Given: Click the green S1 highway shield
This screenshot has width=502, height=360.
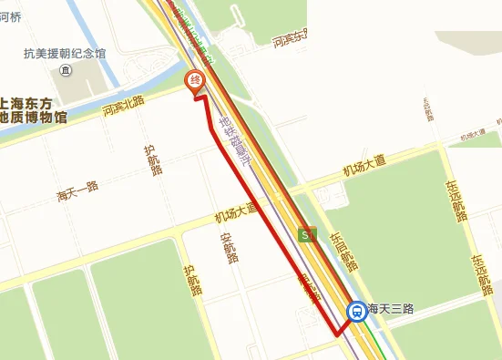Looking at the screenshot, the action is point(306,236).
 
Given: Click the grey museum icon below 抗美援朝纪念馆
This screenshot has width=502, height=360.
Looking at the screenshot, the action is point(65,69).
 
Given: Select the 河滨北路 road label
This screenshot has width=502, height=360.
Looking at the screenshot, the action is point(124,107).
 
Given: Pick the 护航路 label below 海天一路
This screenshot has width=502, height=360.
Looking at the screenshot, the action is point(190,281).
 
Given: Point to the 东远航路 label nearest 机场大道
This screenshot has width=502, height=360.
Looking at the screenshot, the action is point(455,201).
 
